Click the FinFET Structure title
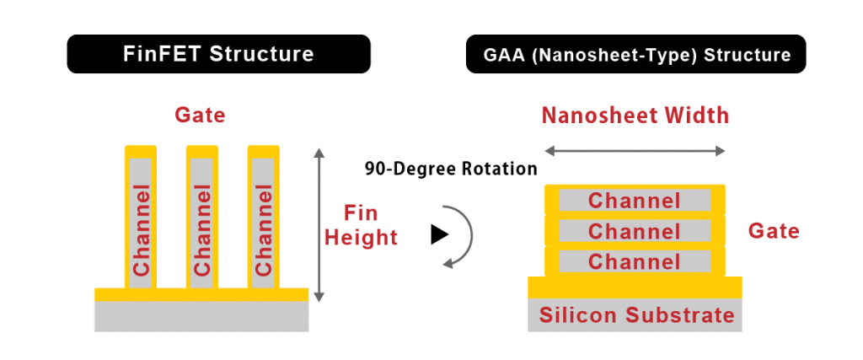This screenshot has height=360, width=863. pyautogui.click(x=219, y=55)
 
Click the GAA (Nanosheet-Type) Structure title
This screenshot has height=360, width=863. pyautogui.click(x=637, y=56)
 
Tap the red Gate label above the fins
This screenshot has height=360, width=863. pyautogui.click(x=200, y=116)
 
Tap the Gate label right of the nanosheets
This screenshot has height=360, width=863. pyautogui.click(x=774, y=230)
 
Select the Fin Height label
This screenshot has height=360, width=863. pyautogui.click(x=361, y=224)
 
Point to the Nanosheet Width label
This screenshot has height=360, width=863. pyautogui.click(x=635, y=116)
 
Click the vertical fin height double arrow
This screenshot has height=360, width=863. pyautogui.click(x=318, y=223)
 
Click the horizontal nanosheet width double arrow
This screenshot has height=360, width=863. pyautogui.click(x=635, y=151)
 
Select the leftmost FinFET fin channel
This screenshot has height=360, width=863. pyautogui.click(x=141, y=223)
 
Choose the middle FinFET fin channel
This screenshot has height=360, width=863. pyautogui.click(x=202, y=223)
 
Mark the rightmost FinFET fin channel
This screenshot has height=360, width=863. pyautogui.click(x=263, y=223)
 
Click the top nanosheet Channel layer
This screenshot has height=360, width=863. pyautogui.click(x=635, y=201)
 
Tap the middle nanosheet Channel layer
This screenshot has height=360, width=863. pyautogui.click(x=635, y=231)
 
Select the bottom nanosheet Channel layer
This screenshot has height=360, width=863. pyautogui.click(x=635, y=261)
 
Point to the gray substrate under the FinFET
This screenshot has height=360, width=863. pyautogui.click(x=201, y=317)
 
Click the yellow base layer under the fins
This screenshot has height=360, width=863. pyautogui.click(x=201, y=294)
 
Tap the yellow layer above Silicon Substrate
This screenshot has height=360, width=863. pyautogui.click(x=635, y=287)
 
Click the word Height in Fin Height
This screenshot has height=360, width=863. pyautogui.click(x=361, y=238)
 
